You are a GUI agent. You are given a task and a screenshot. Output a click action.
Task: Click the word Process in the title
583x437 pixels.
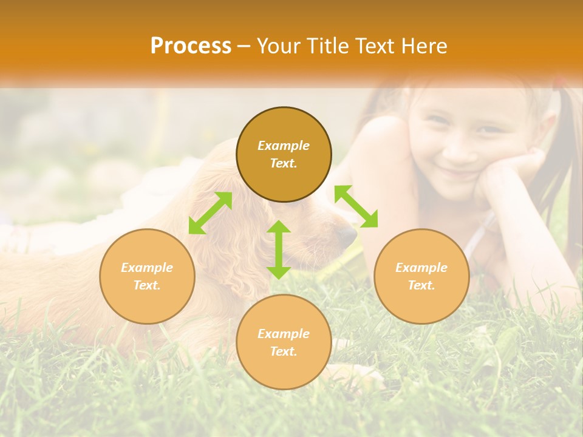point(191,46)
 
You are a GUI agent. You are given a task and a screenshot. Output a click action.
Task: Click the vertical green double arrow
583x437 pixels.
point(279,249)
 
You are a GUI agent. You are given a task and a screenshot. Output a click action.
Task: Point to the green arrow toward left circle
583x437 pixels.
point(210,213)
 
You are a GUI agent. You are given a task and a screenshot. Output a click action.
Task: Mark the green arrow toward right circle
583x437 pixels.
point(356,206)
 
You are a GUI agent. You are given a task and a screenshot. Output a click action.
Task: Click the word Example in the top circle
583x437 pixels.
point(284,146)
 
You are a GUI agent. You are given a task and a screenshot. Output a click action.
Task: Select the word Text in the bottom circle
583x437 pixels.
point(284,351)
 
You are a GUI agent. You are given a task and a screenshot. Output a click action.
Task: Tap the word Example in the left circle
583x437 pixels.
point(147,268)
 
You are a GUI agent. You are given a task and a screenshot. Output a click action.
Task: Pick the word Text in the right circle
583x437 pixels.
point(421,285)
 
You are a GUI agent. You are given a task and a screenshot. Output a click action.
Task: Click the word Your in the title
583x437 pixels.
point(277,46)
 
